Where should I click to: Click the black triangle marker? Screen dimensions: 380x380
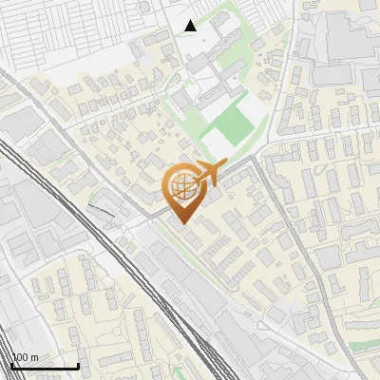(191, 26)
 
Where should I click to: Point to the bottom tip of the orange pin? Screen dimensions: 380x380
(180, 224)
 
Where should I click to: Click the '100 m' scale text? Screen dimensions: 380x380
(25, 357)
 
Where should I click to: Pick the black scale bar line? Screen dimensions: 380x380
(45, 366)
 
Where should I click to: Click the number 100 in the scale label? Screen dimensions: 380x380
(20, 357)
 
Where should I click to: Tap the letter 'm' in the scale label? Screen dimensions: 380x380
(34, 357)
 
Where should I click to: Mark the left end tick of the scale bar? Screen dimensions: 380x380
(11, 364)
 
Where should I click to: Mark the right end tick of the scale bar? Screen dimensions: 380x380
(78, 364)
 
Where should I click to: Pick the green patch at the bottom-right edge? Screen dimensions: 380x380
(366, 347)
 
